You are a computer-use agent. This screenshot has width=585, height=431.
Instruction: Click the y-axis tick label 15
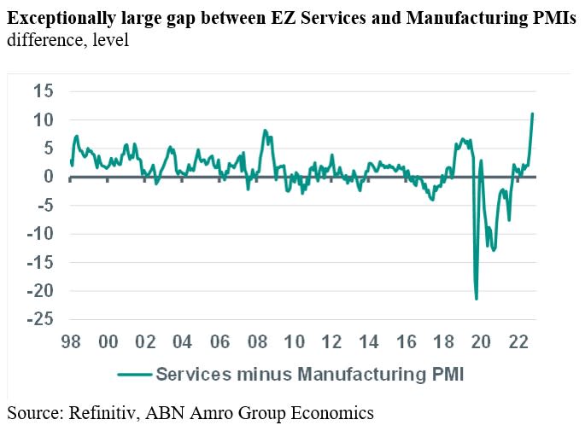(43, 91)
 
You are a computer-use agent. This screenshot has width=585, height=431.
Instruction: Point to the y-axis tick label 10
(43, 119)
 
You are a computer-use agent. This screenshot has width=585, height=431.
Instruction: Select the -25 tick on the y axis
(38, 318)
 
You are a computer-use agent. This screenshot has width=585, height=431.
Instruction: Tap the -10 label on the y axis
(38, 233)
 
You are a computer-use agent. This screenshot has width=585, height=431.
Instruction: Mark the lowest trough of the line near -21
(477, 299)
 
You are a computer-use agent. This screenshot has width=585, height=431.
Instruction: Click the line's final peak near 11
(533, 114)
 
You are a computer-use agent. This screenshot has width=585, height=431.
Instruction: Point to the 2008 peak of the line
(265, 131)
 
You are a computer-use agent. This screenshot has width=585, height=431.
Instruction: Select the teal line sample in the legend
(133, 373)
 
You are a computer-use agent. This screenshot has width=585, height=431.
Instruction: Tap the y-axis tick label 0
(48, 177)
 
